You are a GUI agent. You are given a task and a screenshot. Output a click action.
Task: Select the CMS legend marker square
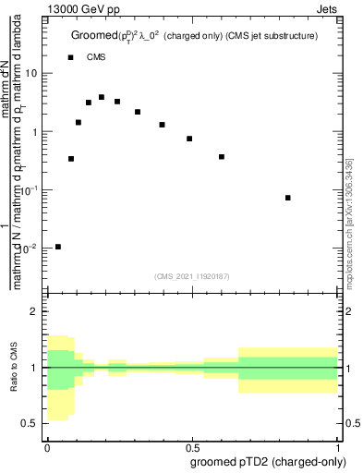point(70,57)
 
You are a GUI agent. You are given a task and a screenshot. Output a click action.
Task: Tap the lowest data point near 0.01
point(58,247)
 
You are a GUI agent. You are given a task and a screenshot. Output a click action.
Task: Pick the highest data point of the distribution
point(102,97)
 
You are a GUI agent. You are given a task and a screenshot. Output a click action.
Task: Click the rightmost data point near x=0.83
point(288,198)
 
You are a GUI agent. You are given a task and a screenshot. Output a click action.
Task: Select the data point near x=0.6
point(222,157)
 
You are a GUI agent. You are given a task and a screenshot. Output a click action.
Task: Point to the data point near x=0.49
point(189,139)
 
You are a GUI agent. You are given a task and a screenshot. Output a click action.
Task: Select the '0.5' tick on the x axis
point(194,445)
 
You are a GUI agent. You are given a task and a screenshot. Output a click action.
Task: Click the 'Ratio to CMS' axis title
point(14,367)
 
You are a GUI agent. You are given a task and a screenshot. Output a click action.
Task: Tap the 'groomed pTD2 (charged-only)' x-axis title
point(267,461)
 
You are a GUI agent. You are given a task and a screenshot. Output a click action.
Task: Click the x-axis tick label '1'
point(340,445)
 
